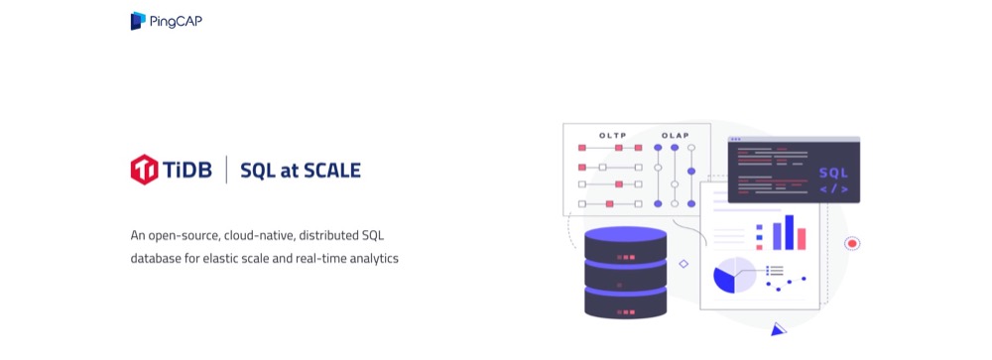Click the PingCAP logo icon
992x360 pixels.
[x=138, y=21]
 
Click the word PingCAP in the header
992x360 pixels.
[x=176, y=22]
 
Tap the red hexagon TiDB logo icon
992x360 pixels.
[x=144, y=170]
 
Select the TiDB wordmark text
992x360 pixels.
[x=187, y=171]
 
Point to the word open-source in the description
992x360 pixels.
[x=182, y=237]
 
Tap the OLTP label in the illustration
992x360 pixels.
[x=612, y=136]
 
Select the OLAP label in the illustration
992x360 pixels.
[x=675, y=136]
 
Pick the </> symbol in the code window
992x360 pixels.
[x=833, y=189]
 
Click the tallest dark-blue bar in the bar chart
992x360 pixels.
[x=789, y=232]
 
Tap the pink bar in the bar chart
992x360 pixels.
[x=801, y=239]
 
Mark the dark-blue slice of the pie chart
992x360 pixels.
[x=725, y=280]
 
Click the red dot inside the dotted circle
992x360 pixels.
[x=851, y=244]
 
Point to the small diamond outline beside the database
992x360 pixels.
[x=683, y=264]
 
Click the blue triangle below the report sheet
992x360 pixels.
[x=778, y=329]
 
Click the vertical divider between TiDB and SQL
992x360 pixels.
[x=226, y=170]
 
